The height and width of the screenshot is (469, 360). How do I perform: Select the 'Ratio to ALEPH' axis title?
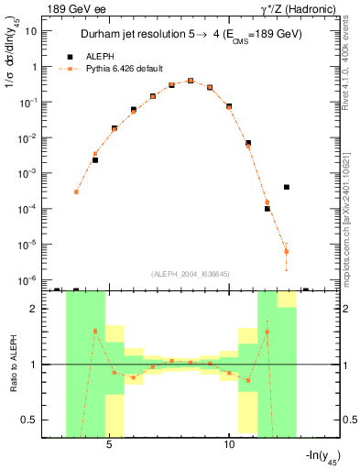[x=13, y=364]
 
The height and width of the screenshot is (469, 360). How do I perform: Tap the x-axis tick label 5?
[x=110, y=445]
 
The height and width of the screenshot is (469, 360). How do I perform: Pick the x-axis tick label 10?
[x=230, y=445]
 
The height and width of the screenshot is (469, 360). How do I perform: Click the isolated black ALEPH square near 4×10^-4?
[x=287, y=187]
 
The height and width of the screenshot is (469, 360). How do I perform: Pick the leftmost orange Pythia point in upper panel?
[x=76, y=191]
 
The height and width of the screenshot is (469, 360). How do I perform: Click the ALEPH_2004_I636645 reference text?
[x=179, y=273]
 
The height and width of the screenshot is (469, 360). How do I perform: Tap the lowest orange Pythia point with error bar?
[x=287, y=251]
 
